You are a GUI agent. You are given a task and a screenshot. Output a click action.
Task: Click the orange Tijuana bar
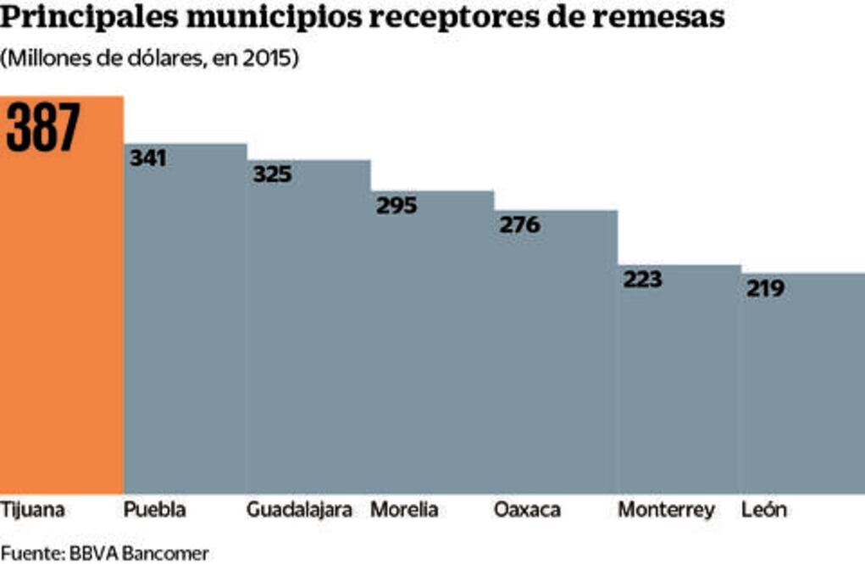(x=62, y=322)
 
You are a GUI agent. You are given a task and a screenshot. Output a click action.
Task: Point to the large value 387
(x=43, y=128)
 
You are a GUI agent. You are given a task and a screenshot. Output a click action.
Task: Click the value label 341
(x=148, y=158)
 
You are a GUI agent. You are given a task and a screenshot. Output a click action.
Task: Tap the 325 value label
(x=272, y=174)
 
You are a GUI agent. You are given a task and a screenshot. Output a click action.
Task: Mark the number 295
(x=396, y=206)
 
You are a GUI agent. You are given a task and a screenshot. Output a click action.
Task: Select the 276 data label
(x=519, y=225)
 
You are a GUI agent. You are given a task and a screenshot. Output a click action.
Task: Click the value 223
(x=643, y=279)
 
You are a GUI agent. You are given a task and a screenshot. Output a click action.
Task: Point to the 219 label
(x=765, y=289)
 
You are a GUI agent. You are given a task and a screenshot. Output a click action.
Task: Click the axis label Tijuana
(x=33, y=511)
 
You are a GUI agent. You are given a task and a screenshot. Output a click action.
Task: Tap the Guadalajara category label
(x=299, y=511)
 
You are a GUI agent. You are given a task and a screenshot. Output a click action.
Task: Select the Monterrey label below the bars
(x=666, y=511)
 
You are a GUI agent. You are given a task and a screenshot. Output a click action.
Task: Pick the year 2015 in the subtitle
(x=269, y=60)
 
